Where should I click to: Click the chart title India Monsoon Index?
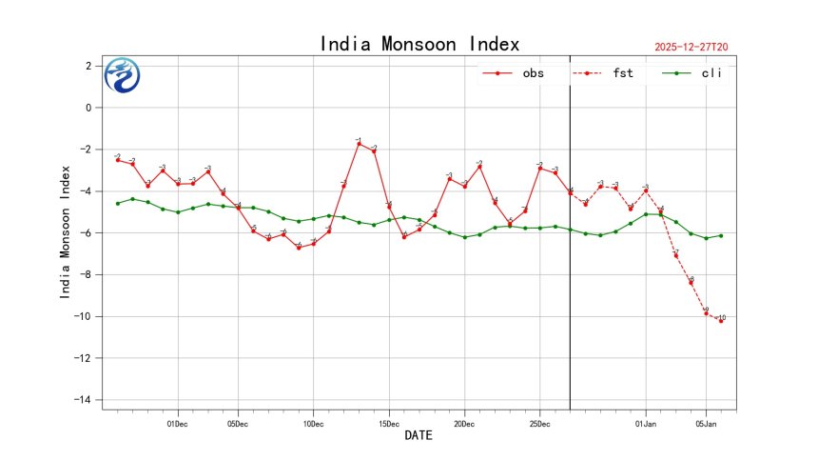pyautogui.click(x=419, y=44)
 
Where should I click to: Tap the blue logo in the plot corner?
pyautogui.click(x=122, y=75)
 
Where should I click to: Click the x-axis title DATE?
pyautogui.click(x=419, y=435)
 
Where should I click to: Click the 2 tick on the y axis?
pyautogui.click(x=88, y=66)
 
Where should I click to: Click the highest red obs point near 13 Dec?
pyautogui.click(x=359, y=143)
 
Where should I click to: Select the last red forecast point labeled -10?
pyautogui.click(x=721, y=321)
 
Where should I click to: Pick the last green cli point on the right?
pyautogui.click(x=721, y=235)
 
